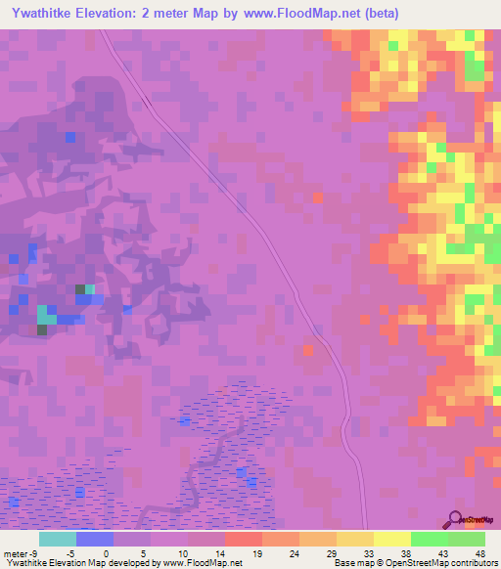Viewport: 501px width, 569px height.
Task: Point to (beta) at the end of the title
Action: coord(374,14)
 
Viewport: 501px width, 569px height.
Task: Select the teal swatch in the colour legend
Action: coord(58,539)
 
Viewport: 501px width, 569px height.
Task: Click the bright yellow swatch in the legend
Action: coord(391,539)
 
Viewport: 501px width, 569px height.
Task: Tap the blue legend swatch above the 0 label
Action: coord(95,539)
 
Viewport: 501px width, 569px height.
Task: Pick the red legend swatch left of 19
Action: coord(243,539)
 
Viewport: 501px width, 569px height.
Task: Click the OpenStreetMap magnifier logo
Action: coord(456,518)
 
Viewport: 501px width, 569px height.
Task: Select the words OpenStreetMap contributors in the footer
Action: coord(445,562)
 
